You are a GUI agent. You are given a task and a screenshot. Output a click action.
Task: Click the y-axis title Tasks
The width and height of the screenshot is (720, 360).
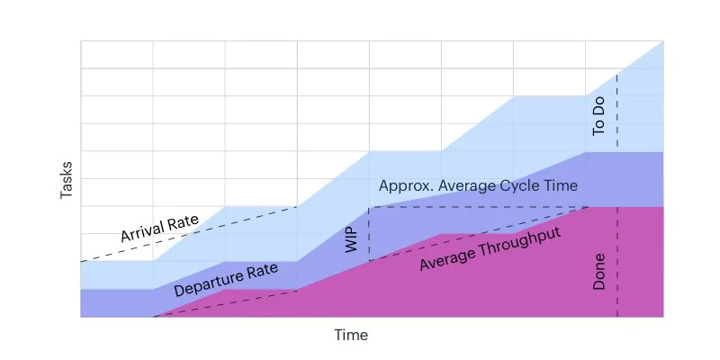pos(67,179)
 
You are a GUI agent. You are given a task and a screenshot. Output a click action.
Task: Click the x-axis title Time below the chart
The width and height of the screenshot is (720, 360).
pos(351,335)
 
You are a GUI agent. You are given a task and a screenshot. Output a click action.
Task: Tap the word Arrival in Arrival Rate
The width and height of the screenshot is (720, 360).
pos(145,231)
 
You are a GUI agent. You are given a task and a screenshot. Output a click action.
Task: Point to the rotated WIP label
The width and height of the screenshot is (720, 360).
pos(353,239)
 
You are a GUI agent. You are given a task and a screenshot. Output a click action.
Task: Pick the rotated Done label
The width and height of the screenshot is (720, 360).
pos(599,271)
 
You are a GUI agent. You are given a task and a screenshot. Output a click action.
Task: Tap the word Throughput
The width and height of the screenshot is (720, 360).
pos(523,244)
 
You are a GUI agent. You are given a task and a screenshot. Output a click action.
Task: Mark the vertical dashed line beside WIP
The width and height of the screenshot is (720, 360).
pos(370,234)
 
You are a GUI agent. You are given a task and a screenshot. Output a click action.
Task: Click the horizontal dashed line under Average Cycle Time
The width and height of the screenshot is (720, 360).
pos(477,207)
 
